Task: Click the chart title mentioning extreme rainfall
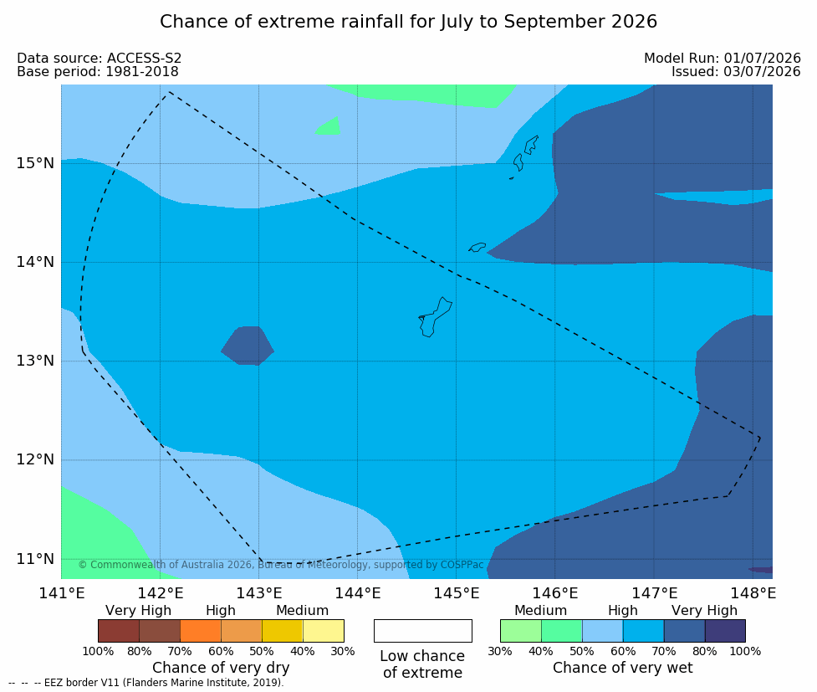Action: (x=408, y=22)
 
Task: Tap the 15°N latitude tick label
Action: (x=35, y=163)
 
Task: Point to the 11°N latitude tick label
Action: (x=35, y=559)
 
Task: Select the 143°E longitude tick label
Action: (x=259, y=593)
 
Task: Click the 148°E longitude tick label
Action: (x=753, y=593)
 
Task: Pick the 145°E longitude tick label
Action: (x=457, y=593)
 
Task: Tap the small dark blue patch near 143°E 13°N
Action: (x=248, y=346)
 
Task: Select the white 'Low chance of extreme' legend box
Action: (x=423, y=631)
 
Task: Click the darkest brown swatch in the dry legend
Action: (x=119, y=631)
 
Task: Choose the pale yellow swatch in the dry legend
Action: (x=323, y=631)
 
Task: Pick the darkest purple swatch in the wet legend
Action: (x=725, y=631)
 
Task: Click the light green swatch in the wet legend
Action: (x=520, y=631)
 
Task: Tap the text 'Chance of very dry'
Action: (x=221, y=668)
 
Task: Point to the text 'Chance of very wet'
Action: (x=623, y=668)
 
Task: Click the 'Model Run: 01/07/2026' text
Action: (x=723, y=59)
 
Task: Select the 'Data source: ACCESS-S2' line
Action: (x=99, y=59)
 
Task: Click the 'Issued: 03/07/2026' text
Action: (x=736, y=72)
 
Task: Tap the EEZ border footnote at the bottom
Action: (x=146, y=683)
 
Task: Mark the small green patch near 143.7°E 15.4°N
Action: (x=329, y=127)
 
